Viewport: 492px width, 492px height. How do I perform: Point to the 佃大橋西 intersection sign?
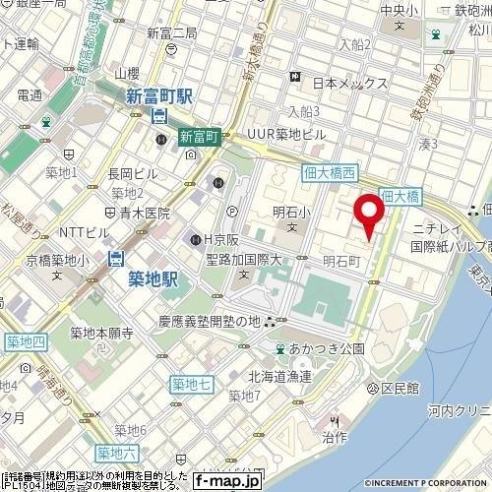[x=329, y=173]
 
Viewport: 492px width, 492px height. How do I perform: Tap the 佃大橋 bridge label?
[x=400, y=196]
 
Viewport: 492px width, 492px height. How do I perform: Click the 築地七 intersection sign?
[x=190, y=382]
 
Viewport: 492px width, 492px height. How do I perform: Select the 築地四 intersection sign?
[x=25, y=341]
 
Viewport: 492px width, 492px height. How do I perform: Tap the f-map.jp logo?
[x=225, y=481]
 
